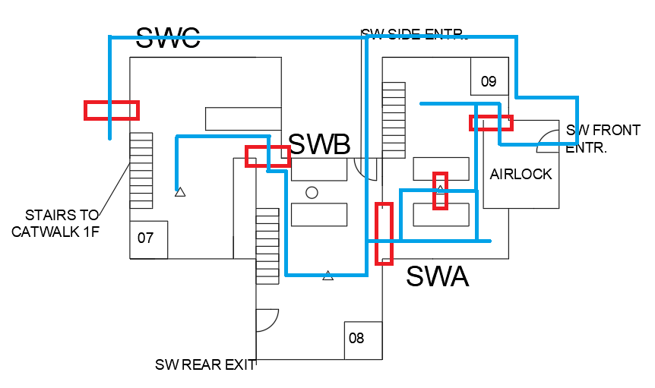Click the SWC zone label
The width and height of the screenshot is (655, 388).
(168, 37)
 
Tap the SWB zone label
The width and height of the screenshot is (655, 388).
(319, 144)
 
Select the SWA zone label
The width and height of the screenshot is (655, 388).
(437, 276)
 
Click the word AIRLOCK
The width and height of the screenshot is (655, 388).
(521, 174)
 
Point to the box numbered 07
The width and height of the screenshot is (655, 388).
(146, 238)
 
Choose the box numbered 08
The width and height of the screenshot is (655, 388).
(356, 338)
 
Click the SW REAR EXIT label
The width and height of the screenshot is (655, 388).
(205, 364)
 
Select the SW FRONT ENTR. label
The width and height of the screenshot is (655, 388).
(603, 138)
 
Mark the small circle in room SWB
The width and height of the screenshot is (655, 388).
(312, 193)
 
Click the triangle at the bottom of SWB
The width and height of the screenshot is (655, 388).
(328, 276)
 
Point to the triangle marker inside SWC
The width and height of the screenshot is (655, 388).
(180, 192)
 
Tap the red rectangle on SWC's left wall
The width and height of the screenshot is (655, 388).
(112, 110)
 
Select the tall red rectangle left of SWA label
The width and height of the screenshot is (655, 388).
(384, 233)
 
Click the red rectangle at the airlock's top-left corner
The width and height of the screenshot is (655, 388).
(491, 122)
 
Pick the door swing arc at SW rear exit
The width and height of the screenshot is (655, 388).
(267, 320)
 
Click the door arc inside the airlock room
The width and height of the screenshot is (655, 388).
(549, 137)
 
